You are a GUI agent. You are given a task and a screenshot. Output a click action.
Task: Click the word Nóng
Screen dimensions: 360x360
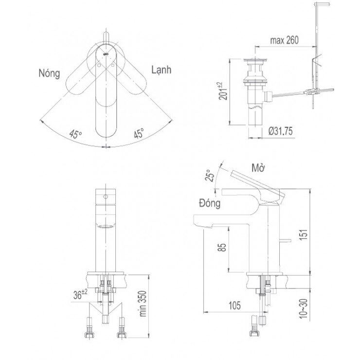(x=49, y=73)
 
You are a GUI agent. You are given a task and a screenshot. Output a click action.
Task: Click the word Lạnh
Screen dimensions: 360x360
(x=162, y=70)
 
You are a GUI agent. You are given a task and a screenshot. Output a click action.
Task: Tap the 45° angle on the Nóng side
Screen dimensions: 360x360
(x=75, y=134)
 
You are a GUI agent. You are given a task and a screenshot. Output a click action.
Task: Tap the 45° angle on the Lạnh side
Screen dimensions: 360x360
(x=139, y=134)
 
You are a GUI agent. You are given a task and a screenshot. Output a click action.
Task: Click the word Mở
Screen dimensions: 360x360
(x=258, y=167)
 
